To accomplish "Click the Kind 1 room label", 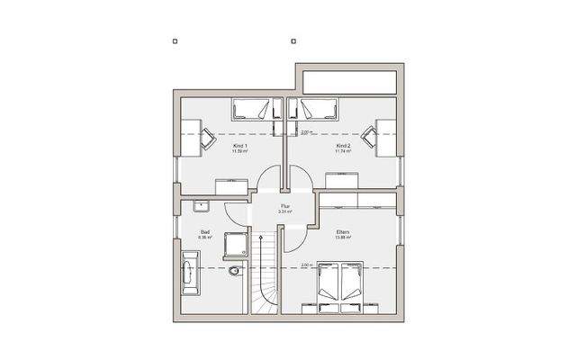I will [240, 145].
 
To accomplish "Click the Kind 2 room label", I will [342, 145].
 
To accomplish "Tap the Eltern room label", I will [343, 232].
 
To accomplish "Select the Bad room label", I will [205, 232].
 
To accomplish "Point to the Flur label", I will [285, 206].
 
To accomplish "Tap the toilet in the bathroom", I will [235, 272].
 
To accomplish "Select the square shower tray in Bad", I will [236, 243].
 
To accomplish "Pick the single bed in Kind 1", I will [252, 110].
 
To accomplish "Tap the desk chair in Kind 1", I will [206, 137].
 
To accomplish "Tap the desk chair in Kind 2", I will [369, 137].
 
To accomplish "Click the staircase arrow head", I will [265, 237].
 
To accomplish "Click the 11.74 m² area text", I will [342, 151].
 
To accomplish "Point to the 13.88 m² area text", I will [343, 238].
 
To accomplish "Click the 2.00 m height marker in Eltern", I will [306, 265].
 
